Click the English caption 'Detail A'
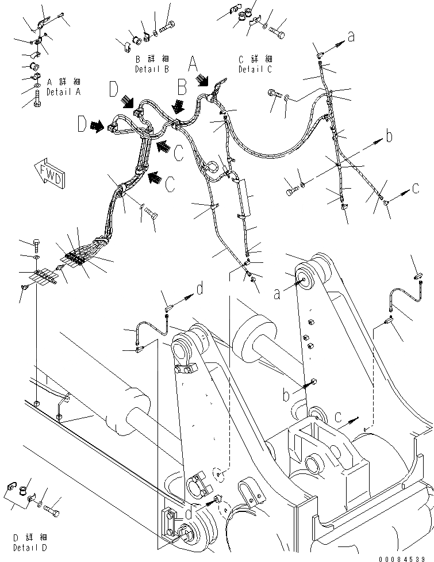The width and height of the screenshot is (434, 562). (63, 92)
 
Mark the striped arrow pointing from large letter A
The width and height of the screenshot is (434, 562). (205, 80)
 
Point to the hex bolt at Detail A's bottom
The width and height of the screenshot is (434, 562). (38, 104)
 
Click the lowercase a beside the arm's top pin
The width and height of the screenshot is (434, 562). (277, 294)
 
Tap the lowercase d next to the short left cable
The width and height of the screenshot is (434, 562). (199, 289)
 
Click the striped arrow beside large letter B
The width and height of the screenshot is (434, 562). (179, 105)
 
